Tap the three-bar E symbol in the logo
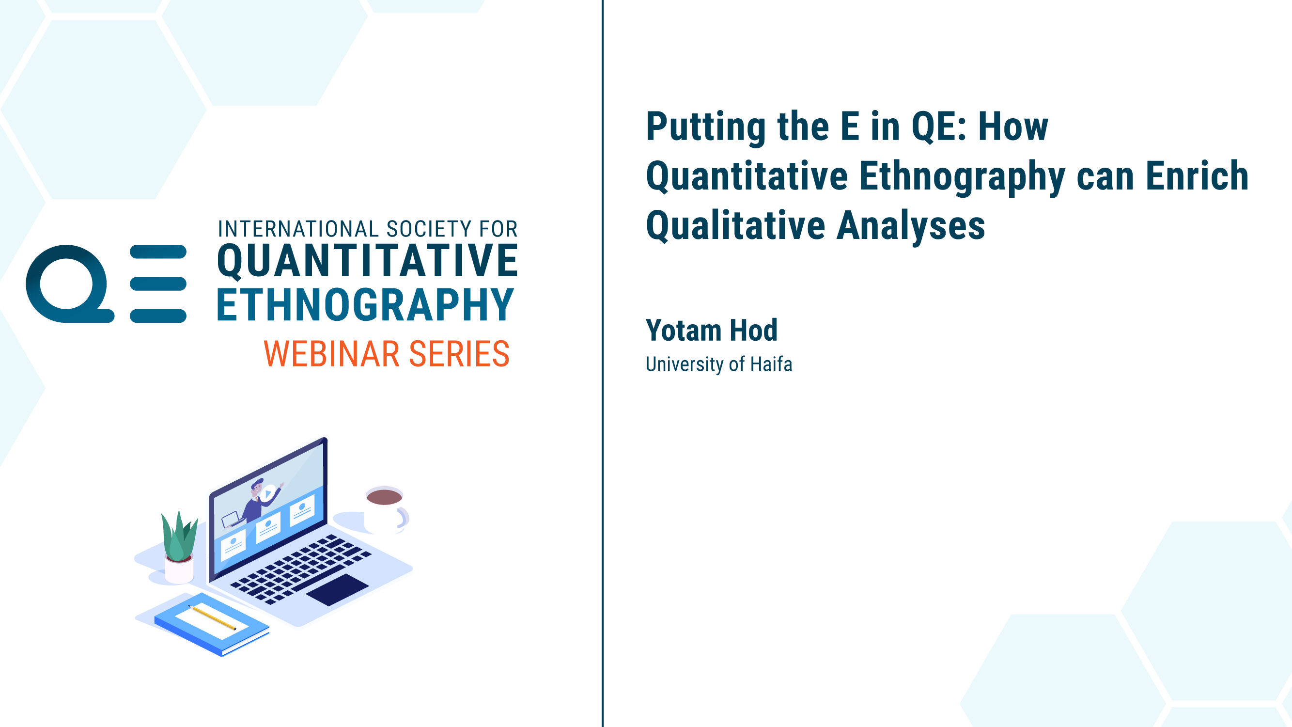click(158, 284)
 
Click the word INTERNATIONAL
click(298, 229)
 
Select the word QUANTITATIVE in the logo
click(367, 260)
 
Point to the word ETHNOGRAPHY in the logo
click(365, 304)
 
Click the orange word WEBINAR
click(331, 354)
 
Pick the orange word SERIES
click(459, 354)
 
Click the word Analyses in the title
click(911, 226)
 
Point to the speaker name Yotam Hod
click(711, 330)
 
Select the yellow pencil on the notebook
click(212, 617)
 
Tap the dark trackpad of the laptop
click(337, 589)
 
